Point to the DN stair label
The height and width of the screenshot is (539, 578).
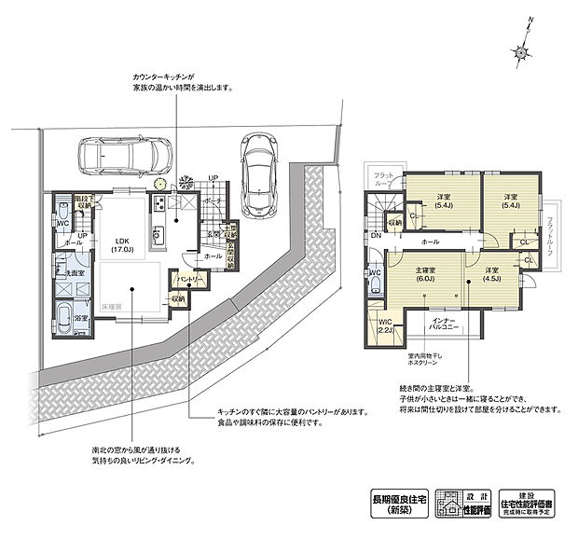point(376,237)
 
